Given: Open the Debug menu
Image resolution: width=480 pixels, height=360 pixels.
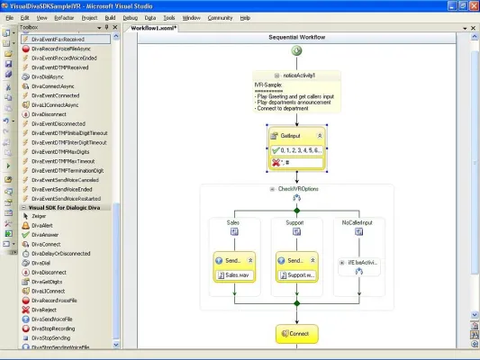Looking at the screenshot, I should [130, 17].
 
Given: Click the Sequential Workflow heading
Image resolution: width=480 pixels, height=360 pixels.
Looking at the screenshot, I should [297, 39].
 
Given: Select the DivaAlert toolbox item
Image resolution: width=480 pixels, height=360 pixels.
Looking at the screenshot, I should [45, 226].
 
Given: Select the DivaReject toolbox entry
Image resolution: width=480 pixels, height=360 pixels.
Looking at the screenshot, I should [46, 310].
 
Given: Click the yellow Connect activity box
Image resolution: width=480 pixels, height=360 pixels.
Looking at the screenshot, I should [296, 334].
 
